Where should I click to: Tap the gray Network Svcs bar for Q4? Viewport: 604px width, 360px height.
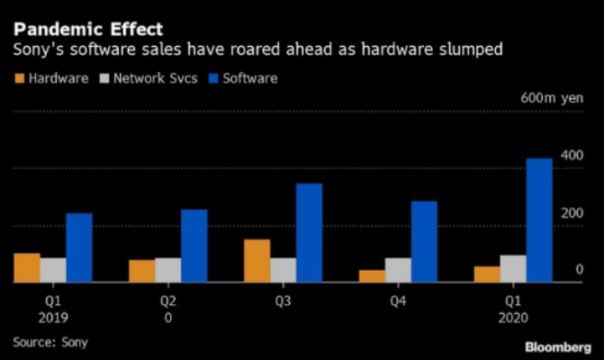pos(399,270)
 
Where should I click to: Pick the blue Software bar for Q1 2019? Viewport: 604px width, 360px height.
pos(79,247)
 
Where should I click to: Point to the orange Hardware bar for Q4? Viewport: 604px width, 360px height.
pos(372,275)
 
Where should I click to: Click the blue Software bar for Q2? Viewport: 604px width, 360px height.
pos(194,246)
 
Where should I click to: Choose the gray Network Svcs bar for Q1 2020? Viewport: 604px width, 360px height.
pos(514,268)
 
